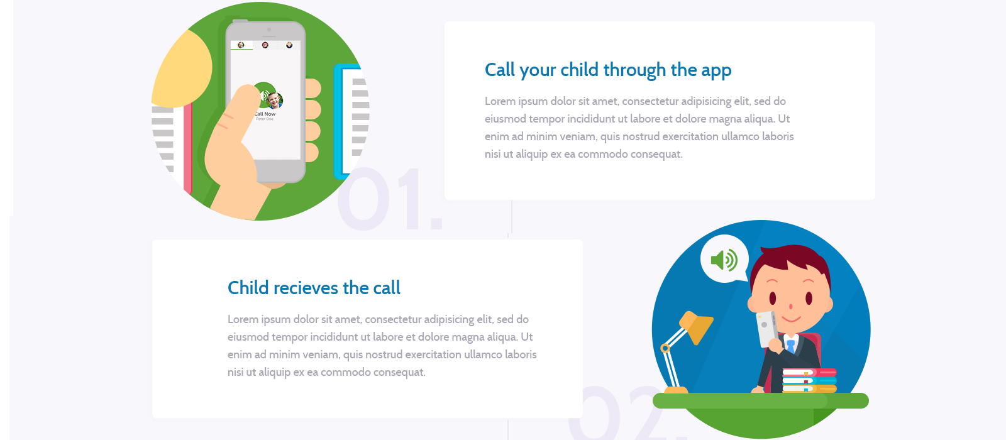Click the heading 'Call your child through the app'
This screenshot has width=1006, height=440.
point(608,70)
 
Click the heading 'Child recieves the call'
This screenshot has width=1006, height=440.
point(314,288)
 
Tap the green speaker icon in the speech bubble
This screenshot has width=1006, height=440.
point(724,260)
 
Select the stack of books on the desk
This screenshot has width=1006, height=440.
point(809,381)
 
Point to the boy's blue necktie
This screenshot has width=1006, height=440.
point(790,346)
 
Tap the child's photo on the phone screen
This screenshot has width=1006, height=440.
point(274,100)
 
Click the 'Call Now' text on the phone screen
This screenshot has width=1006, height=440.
point(265,114)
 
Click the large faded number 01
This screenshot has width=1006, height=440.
point(389,199)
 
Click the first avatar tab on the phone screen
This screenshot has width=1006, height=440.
point(241,45)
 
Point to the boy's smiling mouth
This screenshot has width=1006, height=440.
point(792,319)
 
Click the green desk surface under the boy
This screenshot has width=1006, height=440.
point(760,400)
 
